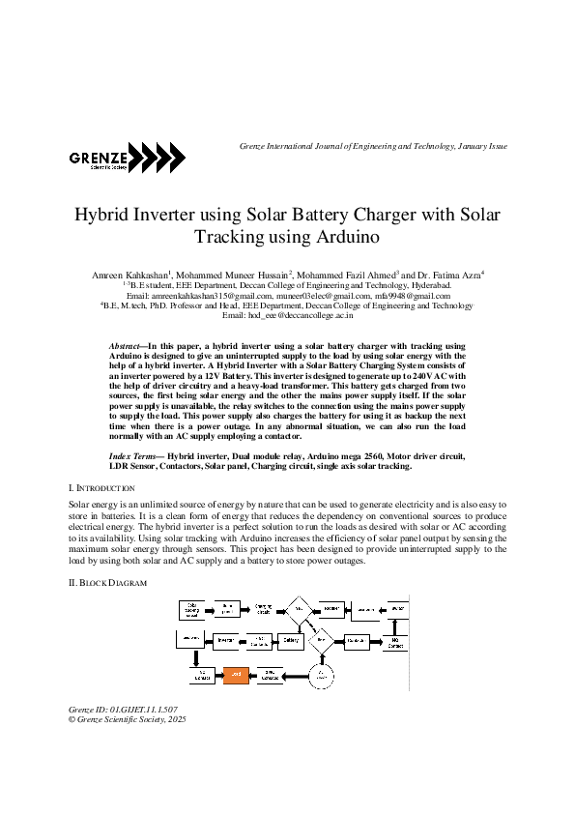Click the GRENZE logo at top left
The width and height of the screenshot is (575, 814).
[126, 157]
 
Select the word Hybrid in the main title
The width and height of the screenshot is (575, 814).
[105, 214]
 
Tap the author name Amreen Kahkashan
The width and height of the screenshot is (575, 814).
[129, 276]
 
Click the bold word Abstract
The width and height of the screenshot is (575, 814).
[125, 345]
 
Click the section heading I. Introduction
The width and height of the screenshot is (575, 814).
[95, 490]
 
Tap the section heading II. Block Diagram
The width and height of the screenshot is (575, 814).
[107, 584]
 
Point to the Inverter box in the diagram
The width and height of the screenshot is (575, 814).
[226, 640]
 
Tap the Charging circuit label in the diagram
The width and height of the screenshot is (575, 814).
[263, 609]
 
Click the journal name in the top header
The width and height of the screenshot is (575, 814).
[372, 146]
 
